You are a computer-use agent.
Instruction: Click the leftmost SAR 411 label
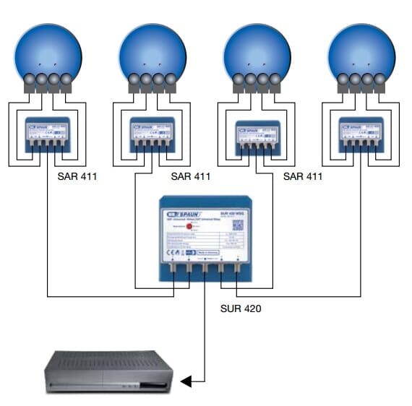77,176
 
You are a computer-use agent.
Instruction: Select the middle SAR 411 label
191,176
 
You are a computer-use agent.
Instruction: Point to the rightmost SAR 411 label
303,176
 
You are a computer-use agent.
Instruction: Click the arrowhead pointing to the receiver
186,381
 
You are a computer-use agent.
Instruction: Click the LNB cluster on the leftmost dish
48,81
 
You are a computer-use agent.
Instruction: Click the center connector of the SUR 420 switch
205,272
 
